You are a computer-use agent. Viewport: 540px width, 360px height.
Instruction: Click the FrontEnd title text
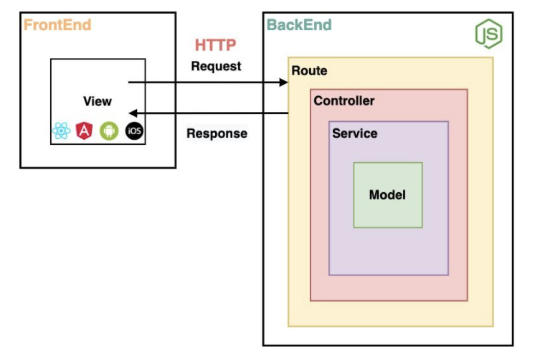[57, 25]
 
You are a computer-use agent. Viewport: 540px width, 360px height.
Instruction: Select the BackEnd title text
[299, 25]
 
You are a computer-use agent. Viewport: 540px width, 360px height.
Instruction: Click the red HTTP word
[216, 45]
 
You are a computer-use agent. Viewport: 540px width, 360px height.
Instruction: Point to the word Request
[216, 66]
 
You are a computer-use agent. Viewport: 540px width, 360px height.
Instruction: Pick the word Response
[217, 133]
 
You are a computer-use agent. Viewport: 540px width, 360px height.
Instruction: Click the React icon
[61, 131]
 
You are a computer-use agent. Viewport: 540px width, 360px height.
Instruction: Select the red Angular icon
[85, 131]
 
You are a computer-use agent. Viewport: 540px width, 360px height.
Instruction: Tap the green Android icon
[108, 131]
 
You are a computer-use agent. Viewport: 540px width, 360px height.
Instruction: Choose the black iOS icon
[133, 131]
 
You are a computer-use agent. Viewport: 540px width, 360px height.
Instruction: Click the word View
[98, 101]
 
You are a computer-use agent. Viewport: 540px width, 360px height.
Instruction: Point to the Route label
[309, 70]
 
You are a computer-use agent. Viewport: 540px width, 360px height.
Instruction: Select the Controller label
[344, 100]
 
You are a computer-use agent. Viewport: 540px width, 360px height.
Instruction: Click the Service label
[354, 133]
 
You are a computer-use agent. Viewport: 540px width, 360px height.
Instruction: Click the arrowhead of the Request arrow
[284, 82]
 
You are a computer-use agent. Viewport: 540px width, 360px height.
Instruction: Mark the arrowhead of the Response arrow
[131, 113]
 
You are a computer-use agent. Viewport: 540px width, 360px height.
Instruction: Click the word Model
[387, 194]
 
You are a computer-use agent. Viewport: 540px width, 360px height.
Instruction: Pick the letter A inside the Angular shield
[85, 131]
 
